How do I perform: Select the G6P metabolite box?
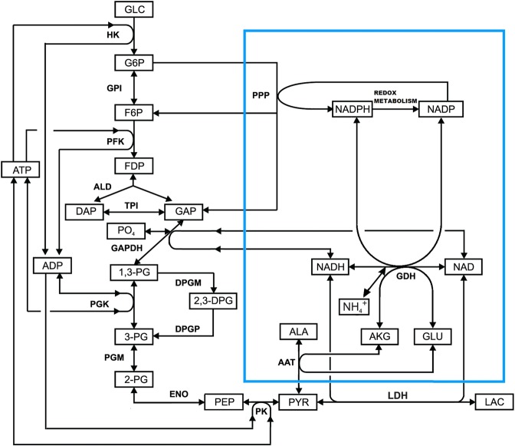tap(134, 61)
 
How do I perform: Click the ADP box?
tap(51, 266)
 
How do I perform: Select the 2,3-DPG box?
tap(211, 301)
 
